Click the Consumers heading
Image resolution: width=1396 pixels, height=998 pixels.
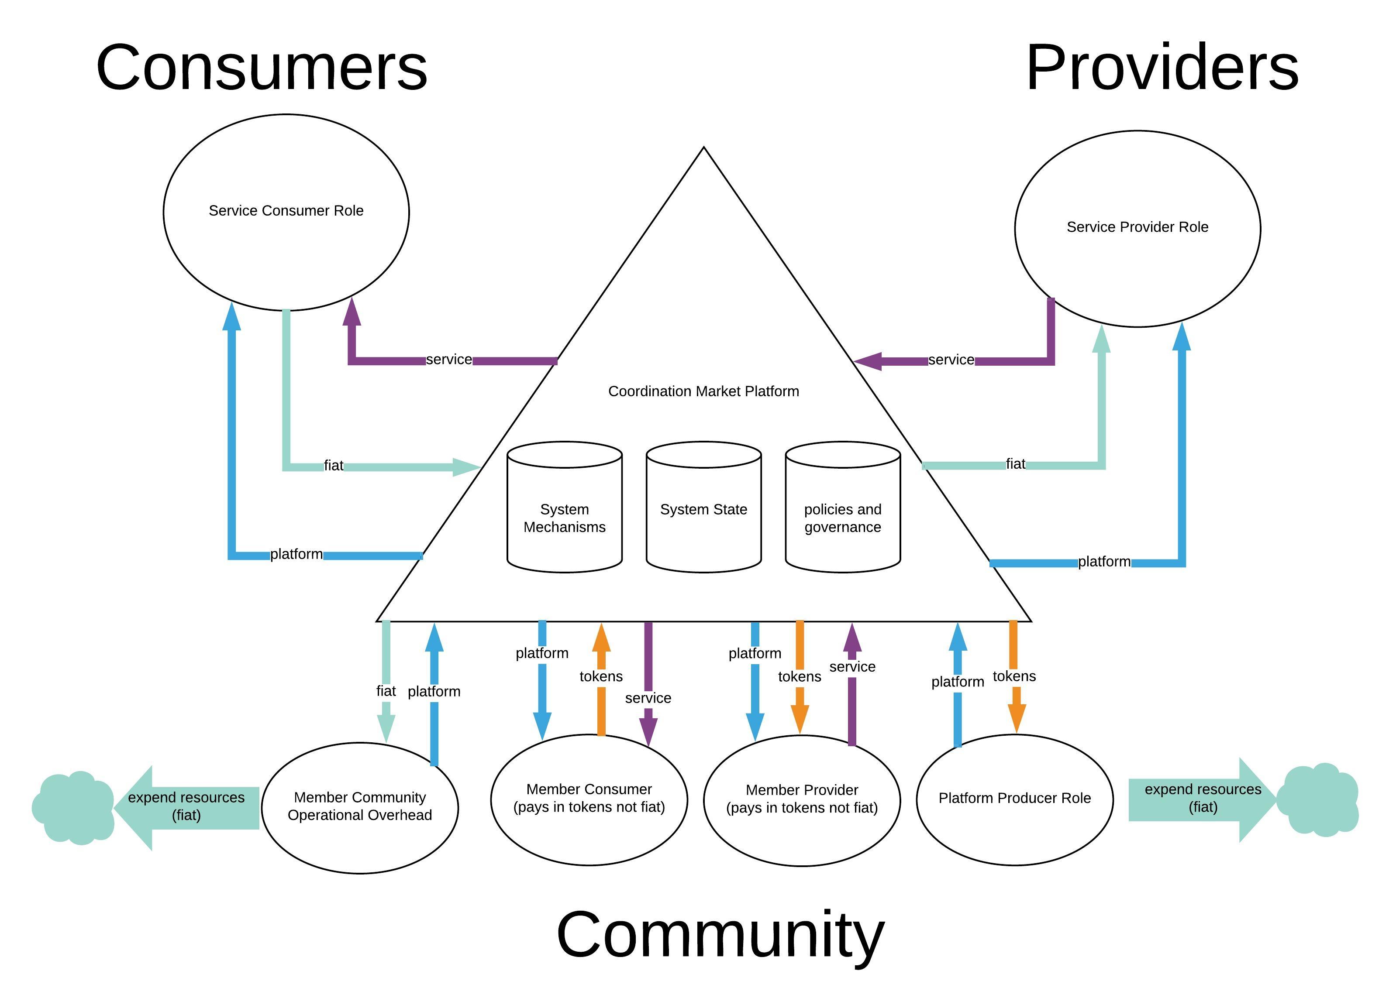coord(262,68)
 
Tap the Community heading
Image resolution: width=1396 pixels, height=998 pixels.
coord(720,935)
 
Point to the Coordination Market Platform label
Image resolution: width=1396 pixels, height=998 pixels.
coord(703,391)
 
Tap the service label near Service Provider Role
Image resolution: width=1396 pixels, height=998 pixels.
coord(951,360)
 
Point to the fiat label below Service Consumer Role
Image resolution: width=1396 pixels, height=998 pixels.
coord(333,466)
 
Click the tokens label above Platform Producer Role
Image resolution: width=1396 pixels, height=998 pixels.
coord(1014,676)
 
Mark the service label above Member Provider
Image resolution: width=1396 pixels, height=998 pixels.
coord(852,667)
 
